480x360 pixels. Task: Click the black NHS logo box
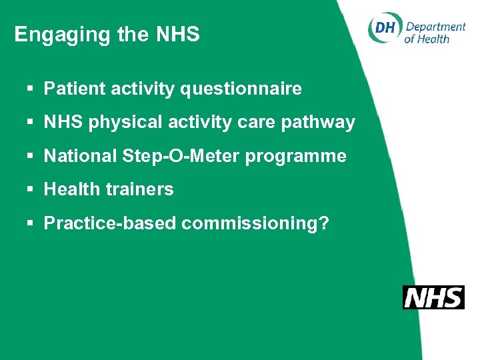click(433, 297)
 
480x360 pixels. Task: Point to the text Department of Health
click(435, 32)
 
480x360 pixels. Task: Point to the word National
click(81, 157)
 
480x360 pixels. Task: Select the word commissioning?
click(255, 224)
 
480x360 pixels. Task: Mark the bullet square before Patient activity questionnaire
click(31, 89)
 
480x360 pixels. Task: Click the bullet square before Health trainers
click(31, 190)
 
